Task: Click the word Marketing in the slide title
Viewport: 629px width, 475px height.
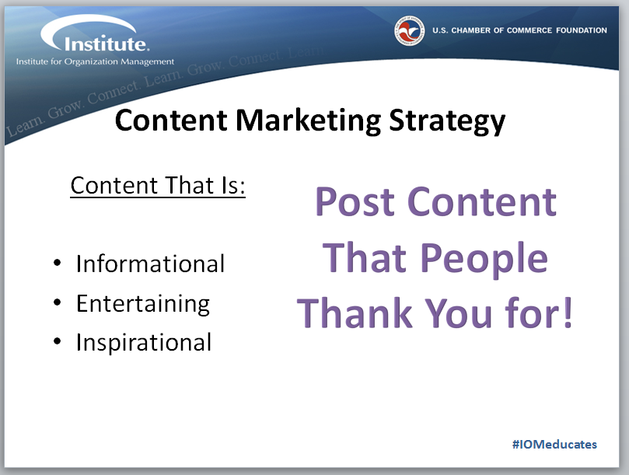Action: click(x=308, y=120)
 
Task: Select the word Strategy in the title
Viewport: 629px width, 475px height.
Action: click(x=447, y=121)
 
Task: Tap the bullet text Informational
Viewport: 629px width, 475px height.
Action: click(x=150, y=264)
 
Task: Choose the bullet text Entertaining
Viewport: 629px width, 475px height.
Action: click(x=143, y=304)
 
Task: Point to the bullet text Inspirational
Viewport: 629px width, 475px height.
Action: click(x=144, y=342)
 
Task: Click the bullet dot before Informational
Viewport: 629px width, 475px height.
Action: click(x=57, y=264)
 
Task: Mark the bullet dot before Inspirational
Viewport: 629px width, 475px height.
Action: click(x=57, y=341)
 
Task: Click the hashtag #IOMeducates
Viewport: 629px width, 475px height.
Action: click(x=554, y=444)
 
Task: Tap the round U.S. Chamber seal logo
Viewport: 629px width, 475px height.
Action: click(x=409, y=30)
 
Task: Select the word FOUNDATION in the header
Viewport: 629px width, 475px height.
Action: click(x=582, y=30)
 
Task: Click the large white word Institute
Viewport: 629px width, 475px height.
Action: click(x=107, y=44)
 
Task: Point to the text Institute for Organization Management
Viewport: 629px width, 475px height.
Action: click(x=95, y=61)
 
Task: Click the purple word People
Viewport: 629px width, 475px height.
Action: click(x=484, y=259)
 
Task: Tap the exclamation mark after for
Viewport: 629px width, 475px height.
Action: click(x=568, y=313)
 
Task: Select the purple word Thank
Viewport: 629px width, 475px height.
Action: click(x=355, y=313)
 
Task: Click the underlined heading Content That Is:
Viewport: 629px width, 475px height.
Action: click(x=158, y=185)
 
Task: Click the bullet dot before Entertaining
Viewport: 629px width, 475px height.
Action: click(x=57, y=302)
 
